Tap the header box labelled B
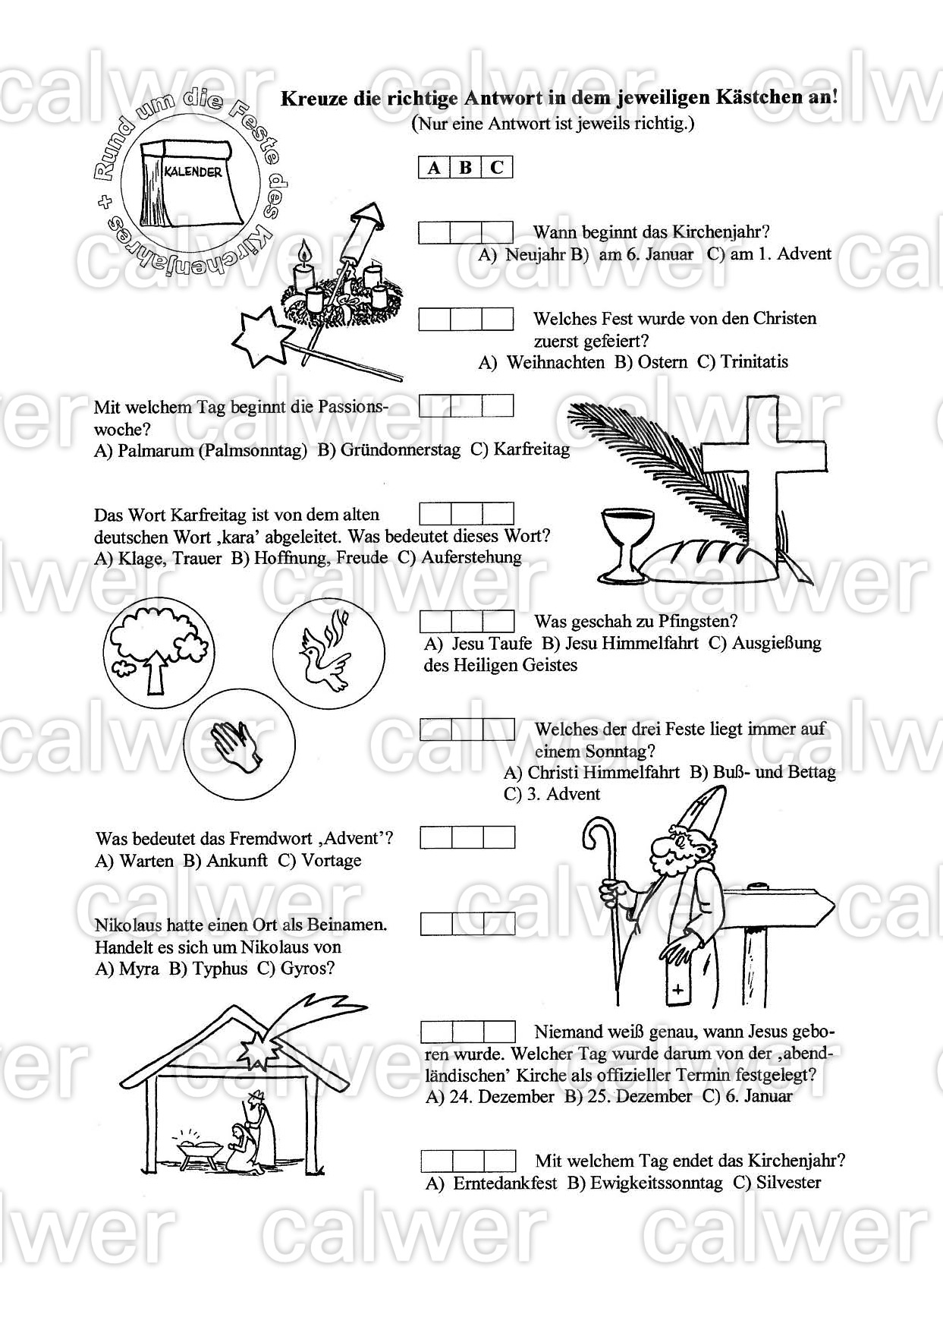[x=466, y=168]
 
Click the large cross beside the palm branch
[x=762, y=471]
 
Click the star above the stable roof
[x=261, y=1048]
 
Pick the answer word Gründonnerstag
[x=400, y=450]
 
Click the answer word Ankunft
[x=237, y=861]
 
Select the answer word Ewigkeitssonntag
[x=656, y=1183]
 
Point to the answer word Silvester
[x=788, y=1183]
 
